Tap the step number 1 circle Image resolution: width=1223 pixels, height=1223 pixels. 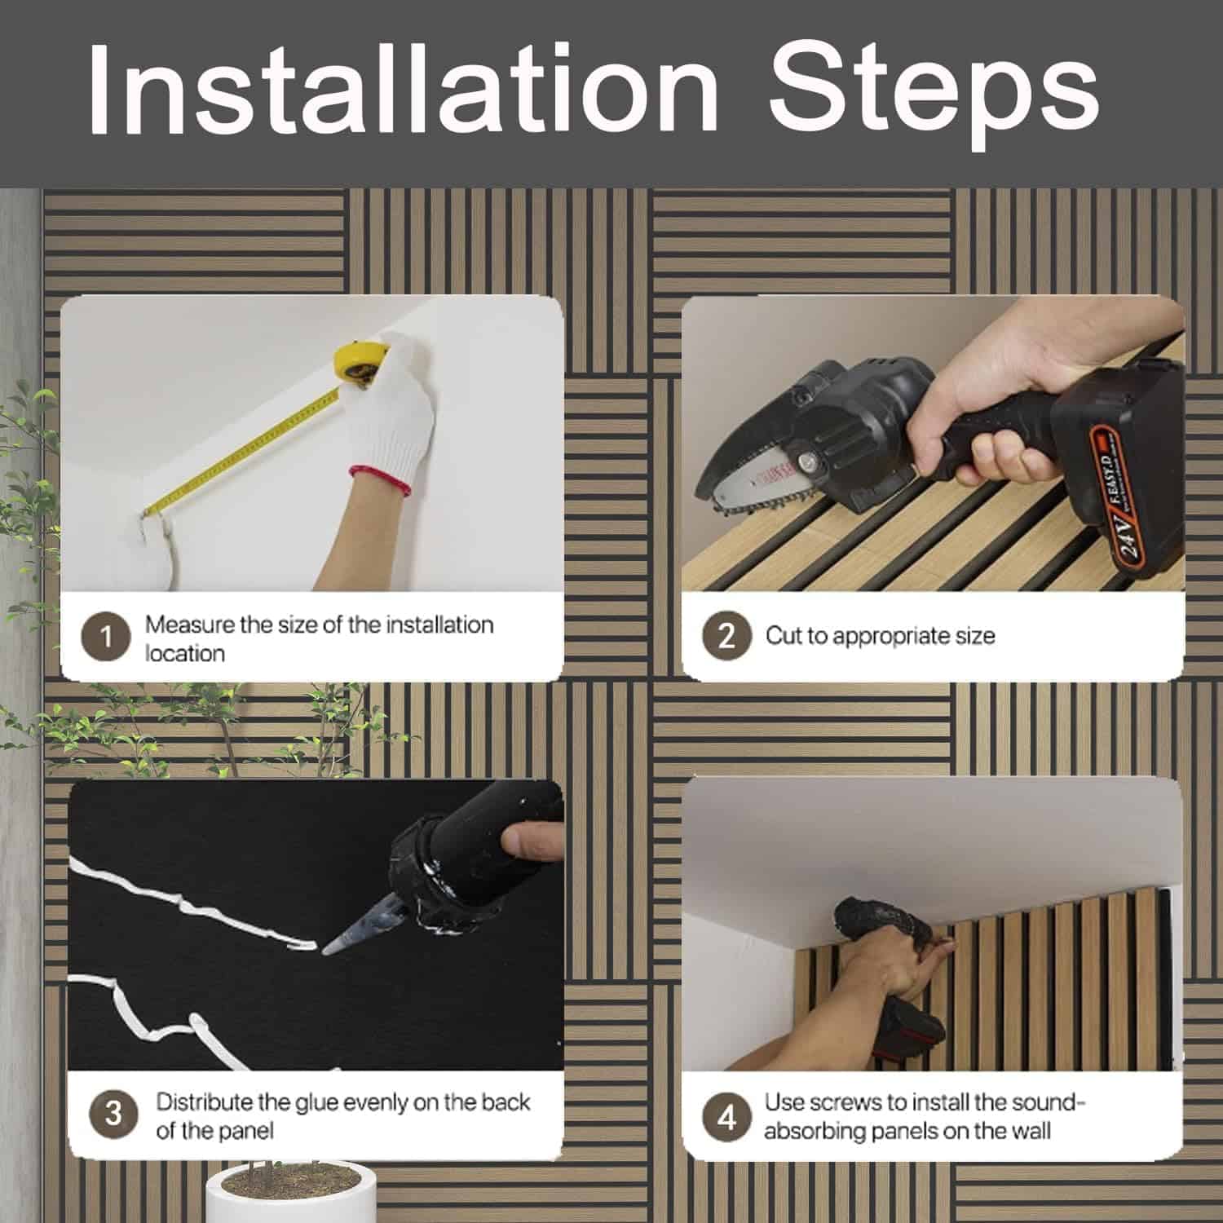coord(106,637)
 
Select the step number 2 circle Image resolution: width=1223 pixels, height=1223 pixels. coord(726,635)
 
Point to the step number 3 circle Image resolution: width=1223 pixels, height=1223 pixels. coord(113,1114)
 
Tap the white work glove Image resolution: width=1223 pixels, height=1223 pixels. coord(383,416)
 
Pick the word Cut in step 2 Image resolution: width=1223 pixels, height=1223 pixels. coord(783,635)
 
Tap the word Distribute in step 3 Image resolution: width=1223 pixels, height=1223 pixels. coord(205,1102)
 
